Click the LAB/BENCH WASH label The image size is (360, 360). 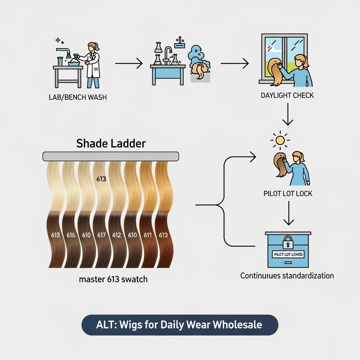click(77, 97)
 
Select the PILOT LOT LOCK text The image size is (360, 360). click(288, 194)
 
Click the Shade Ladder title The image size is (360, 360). click(111, 143)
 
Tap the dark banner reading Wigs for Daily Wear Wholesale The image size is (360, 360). click(180, 324)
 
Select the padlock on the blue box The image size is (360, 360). click(288, 242)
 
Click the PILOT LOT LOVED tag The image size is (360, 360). click(288, 254)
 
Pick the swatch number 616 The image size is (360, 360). click(71, 235)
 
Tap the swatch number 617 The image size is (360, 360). click(101, 235)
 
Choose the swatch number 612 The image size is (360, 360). click(116, 235)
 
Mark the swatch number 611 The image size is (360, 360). click(148, 235)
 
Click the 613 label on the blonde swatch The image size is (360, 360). click(101, 179)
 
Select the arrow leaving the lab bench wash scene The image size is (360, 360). click(129, 64)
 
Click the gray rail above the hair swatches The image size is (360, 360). click(111, 156)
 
